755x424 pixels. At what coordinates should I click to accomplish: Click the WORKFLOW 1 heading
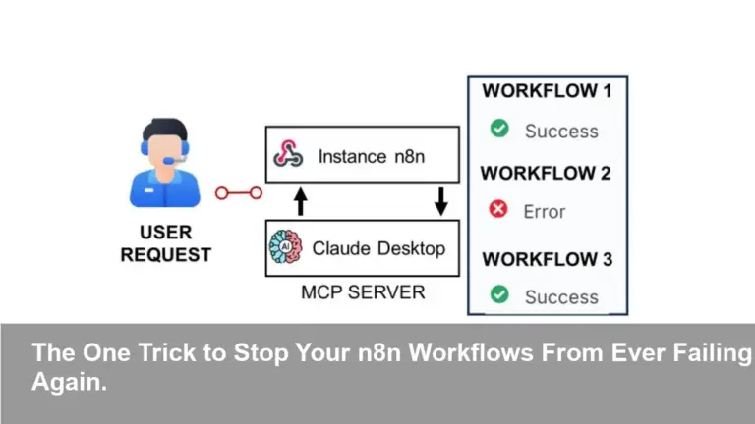(x=547, y=91)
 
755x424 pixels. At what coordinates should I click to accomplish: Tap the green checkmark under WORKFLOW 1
(x=499, y=129)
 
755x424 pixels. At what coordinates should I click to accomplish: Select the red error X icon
(x=499, y=209)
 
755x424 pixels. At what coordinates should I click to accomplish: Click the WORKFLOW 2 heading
(x=547, y=173)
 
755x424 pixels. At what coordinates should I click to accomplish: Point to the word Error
(x=545, y=211)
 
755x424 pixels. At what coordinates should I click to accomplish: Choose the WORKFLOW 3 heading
(x=547, y=259)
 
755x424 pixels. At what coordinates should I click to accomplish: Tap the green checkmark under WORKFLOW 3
(x=499, y=294)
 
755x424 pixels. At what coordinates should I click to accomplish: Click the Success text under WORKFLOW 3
(x=560, y=296)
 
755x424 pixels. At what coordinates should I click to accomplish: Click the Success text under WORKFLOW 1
(x=560, y=131)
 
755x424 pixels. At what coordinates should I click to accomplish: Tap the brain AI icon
(x=286, y=249)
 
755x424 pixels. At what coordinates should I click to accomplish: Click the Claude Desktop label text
(x=378, y=248)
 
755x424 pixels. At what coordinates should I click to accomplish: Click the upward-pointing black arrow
(x=301, y=201)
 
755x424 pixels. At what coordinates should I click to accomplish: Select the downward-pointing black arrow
(x=440, y=201)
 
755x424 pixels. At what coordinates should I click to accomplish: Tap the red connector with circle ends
(x=239, y=193)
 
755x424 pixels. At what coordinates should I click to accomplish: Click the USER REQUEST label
(x=165, y=243)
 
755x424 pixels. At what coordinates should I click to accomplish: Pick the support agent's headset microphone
(x=172, y=159)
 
